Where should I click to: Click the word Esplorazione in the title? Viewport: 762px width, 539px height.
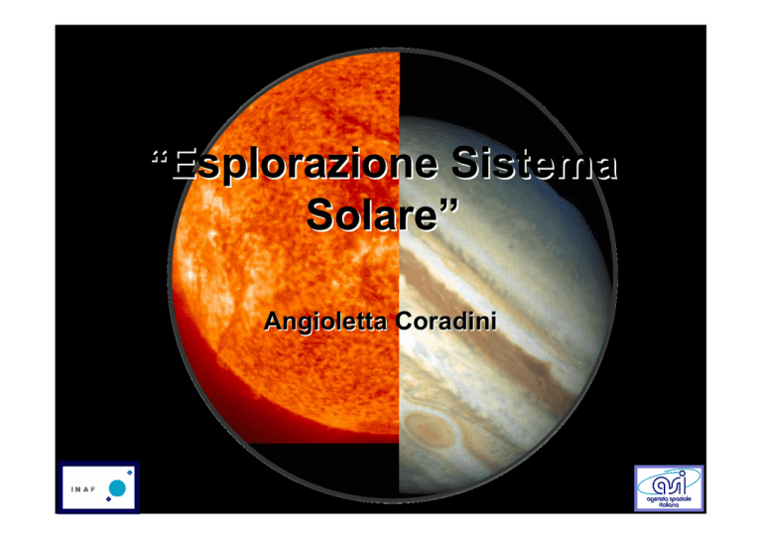coord(306,165)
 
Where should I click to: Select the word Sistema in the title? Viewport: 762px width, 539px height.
coord(535,163)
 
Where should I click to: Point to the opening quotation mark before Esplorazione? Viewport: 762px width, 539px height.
coord(160,157)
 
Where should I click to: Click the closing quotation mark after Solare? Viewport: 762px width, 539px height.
coord(449,205)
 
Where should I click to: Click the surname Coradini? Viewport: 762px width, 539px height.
coord(445,322)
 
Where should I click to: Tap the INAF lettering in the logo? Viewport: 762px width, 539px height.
coord(83,489)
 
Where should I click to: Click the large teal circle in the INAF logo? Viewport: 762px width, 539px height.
coord(118,488)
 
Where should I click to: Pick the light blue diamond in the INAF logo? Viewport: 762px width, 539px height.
coord(130,472)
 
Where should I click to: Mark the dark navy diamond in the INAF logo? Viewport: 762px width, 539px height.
coord(108,499)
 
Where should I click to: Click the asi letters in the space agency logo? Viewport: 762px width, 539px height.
coord(669,483)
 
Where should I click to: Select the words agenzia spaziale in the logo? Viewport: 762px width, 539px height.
coord(669,499)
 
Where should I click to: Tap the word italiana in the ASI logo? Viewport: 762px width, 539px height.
coord(669,505)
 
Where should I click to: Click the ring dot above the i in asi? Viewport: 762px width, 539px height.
coord(682,473)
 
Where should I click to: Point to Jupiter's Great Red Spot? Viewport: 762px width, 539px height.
coord(430,429)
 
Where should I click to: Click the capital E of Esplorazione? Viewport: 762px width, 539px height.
coord(185,164)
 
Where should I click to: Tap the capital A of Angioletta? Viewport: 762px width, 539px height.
coord(272,321)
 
